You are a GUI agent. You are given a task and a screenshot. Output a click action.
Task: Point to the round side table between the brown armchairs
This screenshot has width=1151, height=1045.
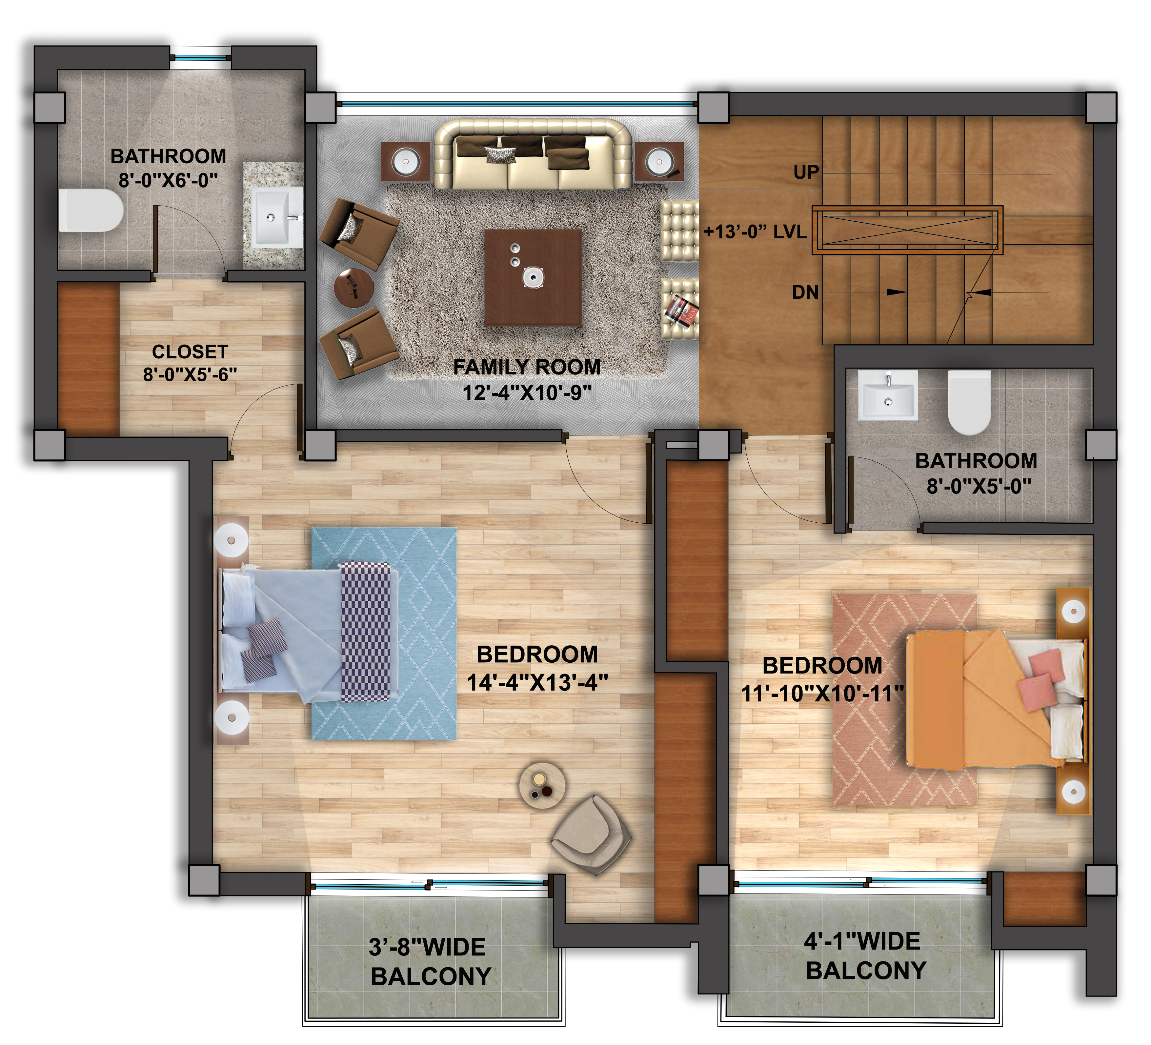(354, 288)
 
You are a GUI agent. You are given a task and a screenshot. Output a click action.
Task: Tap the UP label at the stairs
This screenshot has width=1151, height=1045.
(806, 172)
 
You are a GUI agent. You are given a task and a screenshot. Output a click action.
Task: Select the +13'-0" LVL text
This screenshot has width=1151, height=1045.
(755, 232)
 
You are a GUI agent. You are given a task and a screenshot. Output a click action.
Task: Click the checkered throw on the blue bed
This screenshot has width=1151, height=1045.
(366, 632)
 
